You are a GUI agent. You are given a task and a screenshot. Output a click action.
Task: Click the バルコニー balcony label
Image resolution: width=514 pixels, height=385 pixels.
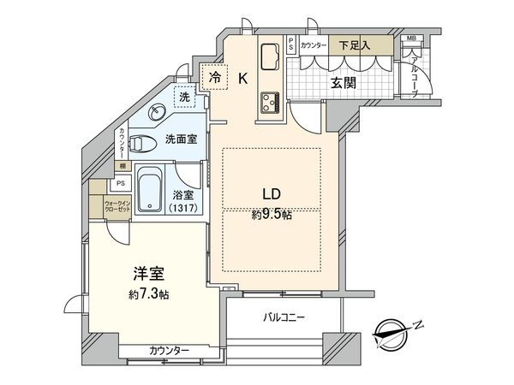tap(284, 317)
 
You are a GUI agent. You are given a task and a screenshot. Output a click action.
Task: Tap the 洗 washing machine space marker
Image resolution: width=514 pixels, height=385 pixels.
tap(184, 98)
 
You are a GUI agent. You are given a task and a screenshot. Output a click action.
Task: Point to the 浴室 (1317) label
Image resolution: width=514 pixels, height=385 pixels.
tap(185, 200)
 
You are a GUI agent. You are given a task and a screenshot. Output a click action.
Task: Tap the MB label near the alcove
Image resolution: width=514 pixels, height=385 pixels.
tap(411, 39)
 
